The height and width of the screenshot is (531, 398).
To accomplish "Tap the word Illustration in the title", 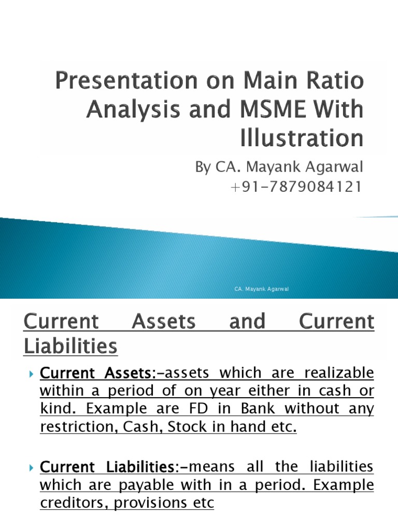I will pos(302,138).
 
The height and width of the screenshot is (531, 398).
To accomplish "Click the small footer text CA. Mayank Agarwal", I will pos(261,289).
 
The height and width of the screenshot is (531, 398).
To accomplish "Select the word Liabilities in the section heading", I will pos(71,346).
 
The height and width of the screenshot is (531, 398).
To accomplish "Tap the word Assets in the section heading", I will pos(164,322).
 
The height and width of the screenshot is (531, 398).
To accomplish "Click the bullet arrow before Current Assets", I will pos(32,374).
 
